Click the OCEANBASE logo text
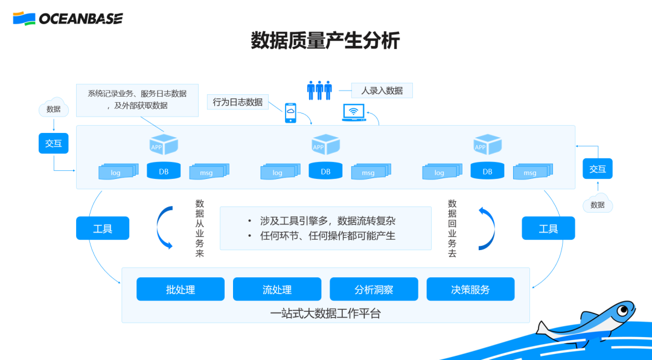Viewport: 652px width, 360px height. coord(80,19)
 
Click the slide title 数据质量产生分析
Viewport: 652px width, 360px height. coord(325,41)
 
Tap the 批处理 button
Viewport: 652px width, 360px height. coord(181,289)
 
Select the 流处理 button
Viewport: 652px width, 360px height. coord(277,289)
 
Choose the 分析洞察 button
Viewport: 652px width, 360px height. coord(374,289)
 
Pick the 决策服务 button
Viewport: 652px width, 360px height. coord(470,289)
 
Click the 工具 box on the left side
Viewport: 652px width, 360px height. coord(103,228)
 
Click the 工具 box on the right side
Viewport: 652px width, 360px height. coord(548,228)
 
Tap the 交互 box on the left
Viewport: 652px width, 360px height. coord(54,143)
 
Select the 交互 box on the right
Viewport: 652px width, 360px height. coord(598,169)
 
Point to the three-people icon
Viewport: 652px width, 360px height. coord(319,91)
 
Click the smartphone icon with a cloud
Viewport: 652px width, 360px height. coord(291,112)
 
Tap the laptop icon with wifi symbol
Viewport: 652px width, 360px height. coord(354,112)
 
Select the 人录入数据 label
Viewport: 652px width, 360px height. coord(382,91)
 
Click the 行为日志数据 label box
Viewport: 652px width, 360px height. coord(238,102)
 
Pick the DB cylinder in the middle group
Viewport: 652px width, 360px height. coord(325,171)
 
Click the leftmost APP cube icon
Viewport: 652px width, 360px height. coord(164,145)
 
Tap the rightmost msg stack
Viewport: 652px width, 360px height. coord(530,172)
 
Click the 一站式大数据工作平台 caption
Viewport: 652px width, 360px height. coord(325,313)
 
